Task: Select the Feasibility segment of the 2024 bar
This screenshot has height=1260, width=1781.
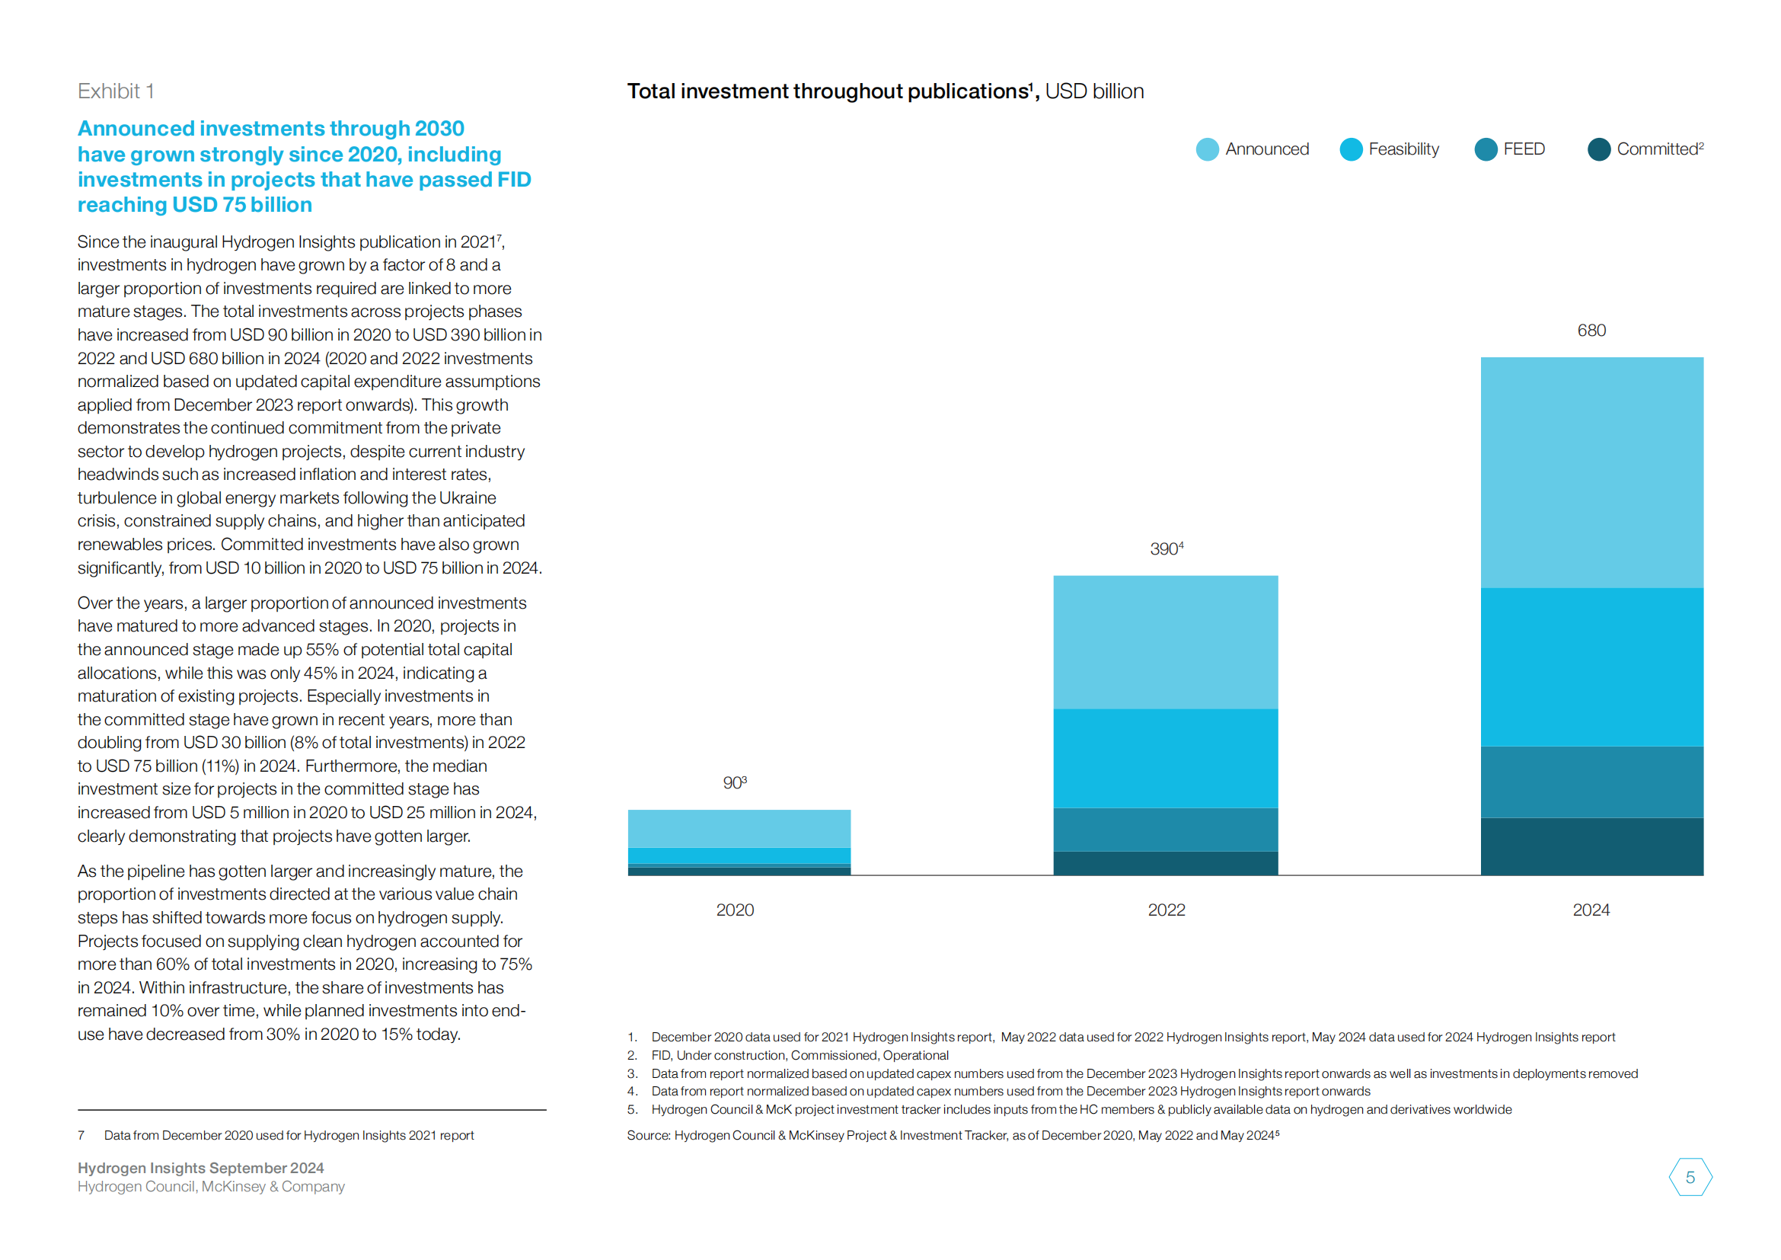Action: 1591,667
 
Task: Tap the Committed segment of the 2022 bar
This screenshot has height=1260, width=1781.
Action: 1165,863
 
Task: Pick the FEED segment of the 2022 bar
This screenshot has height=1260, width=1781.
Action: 1165,830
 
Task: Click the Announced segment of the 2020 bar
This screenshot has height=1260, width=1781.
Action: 739,829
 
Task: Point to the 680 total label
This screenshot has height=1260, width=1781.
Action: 1591,331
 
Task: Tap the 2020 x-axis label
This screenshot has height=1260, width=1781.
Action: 735,910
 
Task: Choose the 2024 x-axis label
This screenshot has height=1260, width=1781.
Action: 1591,910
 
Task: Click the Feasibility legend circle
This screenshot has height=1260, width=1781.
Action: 1351,149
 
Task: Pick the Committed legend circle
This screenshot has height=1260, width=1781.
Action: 1599,149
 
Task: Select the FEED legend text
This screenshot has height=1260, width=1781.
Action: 1524,149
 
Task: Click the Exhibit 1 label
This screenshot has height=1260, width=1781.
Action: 116,91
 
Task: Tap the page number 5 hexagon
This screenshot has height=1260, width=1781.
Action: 1690,1177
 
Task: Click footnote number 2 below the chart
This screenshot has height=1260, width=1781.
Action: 632,1055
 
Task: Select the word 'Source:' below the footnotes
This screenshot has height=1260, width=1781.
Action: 649,1135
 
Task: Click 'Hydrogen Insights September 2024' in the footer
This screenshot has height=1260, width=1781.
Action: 200,1168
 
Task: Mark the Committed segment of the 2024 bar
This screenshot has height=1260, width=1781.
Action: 1591,846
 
